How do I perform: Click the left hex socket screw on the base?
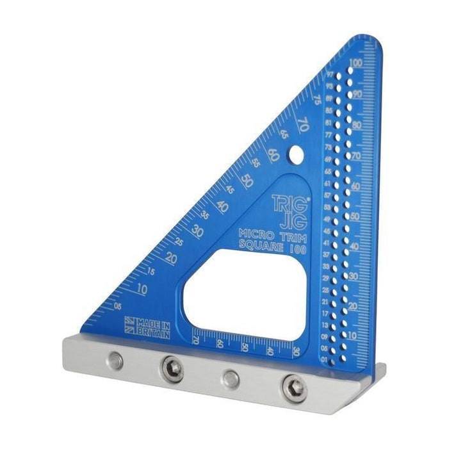tap(173, 368)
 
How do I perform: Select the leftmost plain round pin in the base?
tap(116, 362)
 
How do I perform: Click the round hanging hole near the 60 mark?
tap(295, 154)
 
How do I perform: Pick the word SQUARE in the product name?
tap(259, 245)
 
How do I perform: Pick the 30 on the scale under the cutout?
tap(295, 351)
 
